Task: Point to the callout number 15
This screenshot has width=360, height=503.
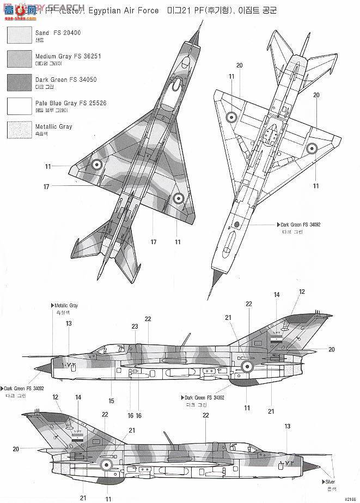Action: (111, 401)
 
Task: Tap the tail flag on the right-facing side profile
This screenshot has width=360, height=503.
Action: (77, 438)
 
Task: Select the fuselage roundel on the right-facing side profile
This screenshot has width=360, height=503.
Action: (107, 464)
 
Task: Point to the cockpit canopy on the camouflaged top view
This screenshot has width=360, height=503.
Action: (176, 84)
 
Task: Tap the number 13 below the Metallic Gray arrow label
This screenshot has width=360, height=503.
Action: (69, 324)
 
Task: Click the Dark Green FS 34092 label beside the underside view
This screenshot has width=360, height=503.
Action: (298, 224)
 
